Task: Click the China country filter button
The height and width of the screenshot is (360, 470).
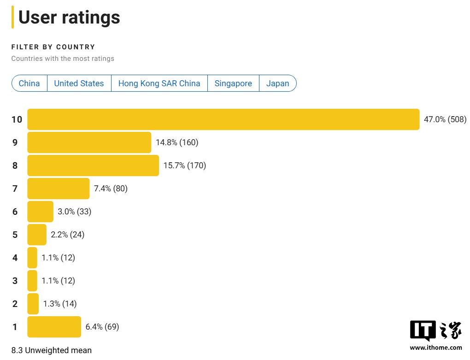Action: [x=29, y=83]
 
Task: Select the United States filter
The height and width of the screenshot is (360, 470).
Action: [x=79, y=83]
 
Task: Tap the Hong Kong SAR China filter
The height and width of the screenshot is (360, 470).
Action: [x=159, y=83]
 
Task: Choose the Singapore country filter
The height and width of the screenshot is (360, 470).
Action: [x=233, y=83]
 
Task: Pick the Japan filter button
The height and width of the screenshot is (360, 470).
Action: [x=277, y=83]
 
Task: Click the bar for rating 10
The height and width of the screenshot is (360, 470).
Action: [x=223, y=119]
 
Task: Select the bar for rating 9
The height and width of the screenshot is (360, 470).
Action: [x=89, y=142]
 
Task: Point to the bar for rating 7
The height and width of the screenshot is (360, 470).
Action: [x=59, y=189]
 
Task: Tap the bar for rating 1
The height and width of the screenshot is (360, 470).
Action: [x=54, y=327]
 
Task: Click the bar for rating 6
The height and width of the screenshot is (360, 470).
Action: [x=41, y=212]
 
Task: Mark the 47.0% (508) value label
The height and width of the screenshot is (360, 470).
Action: [x=445, y=119]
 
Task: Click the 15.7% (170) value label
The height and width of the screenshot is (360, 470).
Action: [x=185, y=165]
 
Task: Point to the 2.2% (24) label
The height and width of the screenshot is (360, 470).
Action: [x=67, y=235]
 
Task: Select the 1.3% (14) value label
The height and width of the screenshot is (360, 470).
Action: [x=60, y=304]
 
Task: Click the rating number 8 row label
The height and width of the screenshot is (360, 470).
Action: [x=15, y=165]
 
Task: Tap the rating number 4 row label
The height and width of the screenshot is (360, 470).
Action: [x=15, y=258]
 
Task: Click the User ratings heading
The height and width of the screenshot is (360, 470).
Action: [x=69, y=18]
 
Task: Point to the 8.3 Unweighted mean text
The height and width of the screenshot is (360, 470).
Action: [x=52, y=350]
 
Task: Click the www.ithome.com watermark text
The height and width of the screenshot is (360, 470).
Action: [x=436, y=348]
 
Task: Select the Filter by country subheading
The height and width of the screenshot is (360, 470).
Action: [x=53, y=47]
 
